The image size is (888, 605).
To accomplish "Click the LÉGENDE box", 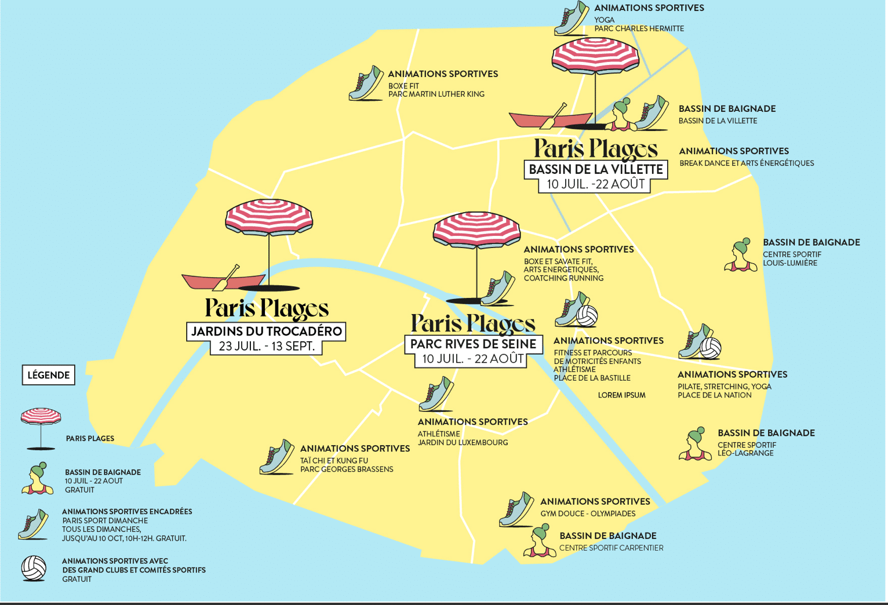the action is [x=48, y=375].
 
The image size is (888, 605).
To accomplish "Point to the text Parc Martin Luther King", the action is [x=436, y=94].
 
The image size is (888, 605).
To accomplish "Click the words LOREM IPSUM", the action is [x=621, y=395].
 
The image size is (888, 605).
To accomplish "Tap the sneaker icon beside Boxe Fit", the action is [x=366, y=83].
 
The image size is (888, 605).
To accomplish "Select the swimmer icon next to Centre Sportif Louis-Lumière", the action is [x=741, y=255].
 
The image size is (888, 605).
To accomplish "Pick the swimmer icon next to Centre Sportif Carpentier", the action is [x=540, y=540].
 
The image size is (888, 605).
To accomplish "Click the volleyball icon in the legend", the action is [x=34, y=568].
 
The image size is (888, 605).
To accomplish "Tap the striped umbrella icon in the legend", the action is [x=41, y=429].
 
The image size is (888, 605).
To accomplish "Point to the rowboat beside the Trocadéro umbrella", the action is [x=224, y=279].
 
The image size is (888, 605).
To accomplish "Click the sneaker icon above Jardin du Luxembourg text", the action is [x=436, y=394].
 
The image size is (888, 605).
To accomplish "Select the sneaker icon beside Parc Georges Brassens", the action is [x=276, y=457].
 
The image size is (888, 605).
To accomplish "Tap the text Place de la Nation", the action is [x=714, y=395].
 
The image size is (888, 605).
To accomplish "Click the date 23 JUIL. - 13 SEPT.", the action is [x=267, y=347].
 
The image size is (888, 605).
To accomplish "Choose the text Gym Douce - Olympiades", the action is [x=588, y=514].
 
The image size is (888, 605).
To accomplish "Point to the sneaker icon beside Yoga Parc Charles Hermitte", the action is [x=572, y=18].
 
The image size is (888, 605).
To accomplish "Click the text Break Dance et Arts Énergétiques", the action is [x=747, y=163].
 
